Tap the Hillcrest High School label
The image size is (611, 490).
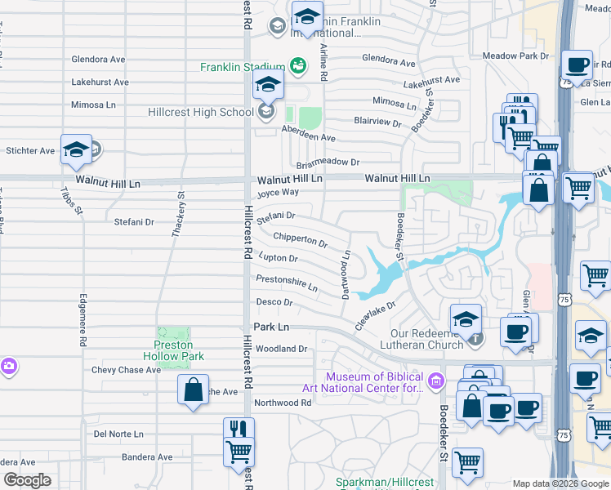(201, 113)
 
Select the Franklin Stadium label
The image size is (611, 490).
(243, 67)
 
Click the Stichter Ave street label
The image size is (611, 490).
(29, 151)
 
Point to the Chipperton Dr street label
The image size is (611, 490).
(300, 240)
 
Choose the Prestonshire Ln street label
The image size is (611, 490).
(287, 283)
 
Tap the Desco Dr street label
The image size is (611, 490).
(274, 302)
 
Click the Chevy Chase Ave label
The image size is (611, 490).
(126, 370)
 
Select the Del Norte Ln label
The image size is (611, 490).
(118, 434)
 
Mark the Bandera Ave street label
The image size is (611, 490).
(147, 457)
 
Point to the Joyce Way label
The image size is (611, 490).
(278, 194)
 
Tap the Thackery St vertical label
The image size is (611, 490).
(178, 215)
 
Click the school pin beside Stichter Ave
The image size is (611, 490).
(76, 149)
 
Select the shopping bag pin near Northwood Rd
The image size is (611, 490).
(193, 389)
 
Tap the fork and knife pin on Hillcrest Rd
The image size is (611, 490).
(239, 431)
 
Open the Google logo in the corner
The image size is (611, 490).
(27, 480)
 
